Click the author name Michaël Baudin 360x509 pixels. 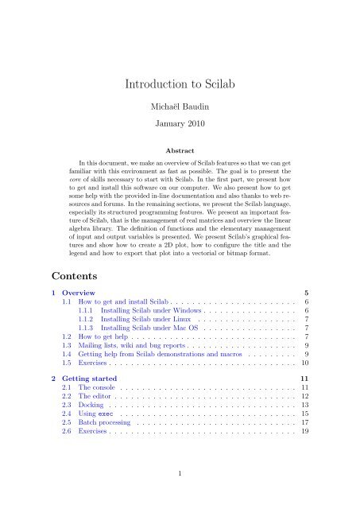click(180, 106)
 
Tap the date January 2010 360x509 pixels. click(180, 125)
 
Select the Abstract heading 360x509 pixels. click(180, 149)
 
